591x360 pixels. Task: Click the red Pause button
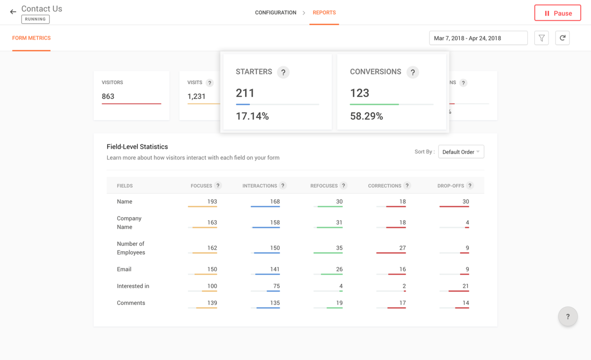click(x=558, y=13)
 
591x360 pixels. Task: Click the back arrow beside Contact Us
click(x=13, y=12)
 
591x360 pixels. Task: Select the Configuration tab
click(x=275, y=13)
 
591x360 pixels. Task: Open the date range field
click(x=478, y=38)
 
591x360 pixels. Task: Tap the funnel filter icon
click(x=542, y=38)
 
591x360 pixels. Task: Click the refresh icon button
click(x=562, y=38)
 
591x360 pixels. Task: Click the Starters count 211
click(x=245, y=93)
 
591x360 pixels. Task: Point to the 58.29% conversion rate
click(x=366, y=116)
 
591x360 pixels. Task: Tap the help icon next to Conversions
click(x=413, y=72)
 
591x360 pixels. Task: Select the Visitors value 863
click(x=108, y=97)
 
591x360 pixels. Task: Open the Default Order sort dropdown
click(x=461, y=152)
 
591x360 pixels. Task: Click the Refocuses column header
click(x=324, y=186)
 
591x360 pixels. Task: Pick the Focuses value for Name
click(x=212, y=201)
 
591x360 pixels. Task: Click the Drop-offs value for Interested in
click(x=465, y=286)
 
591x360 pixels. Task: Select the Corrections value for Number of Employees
click(x=402, y=248)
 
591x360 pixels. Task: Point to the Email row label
click(x=124, y=269)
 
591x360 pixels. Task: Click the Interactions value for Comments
click(x=274, y=303)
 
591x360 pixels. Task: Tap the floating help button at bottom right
click(x=567, y=317)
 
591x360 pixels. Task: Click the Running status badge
click(x=35, y=19)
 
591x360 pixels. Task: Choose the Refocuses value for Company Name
click(x=339, y=223)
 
